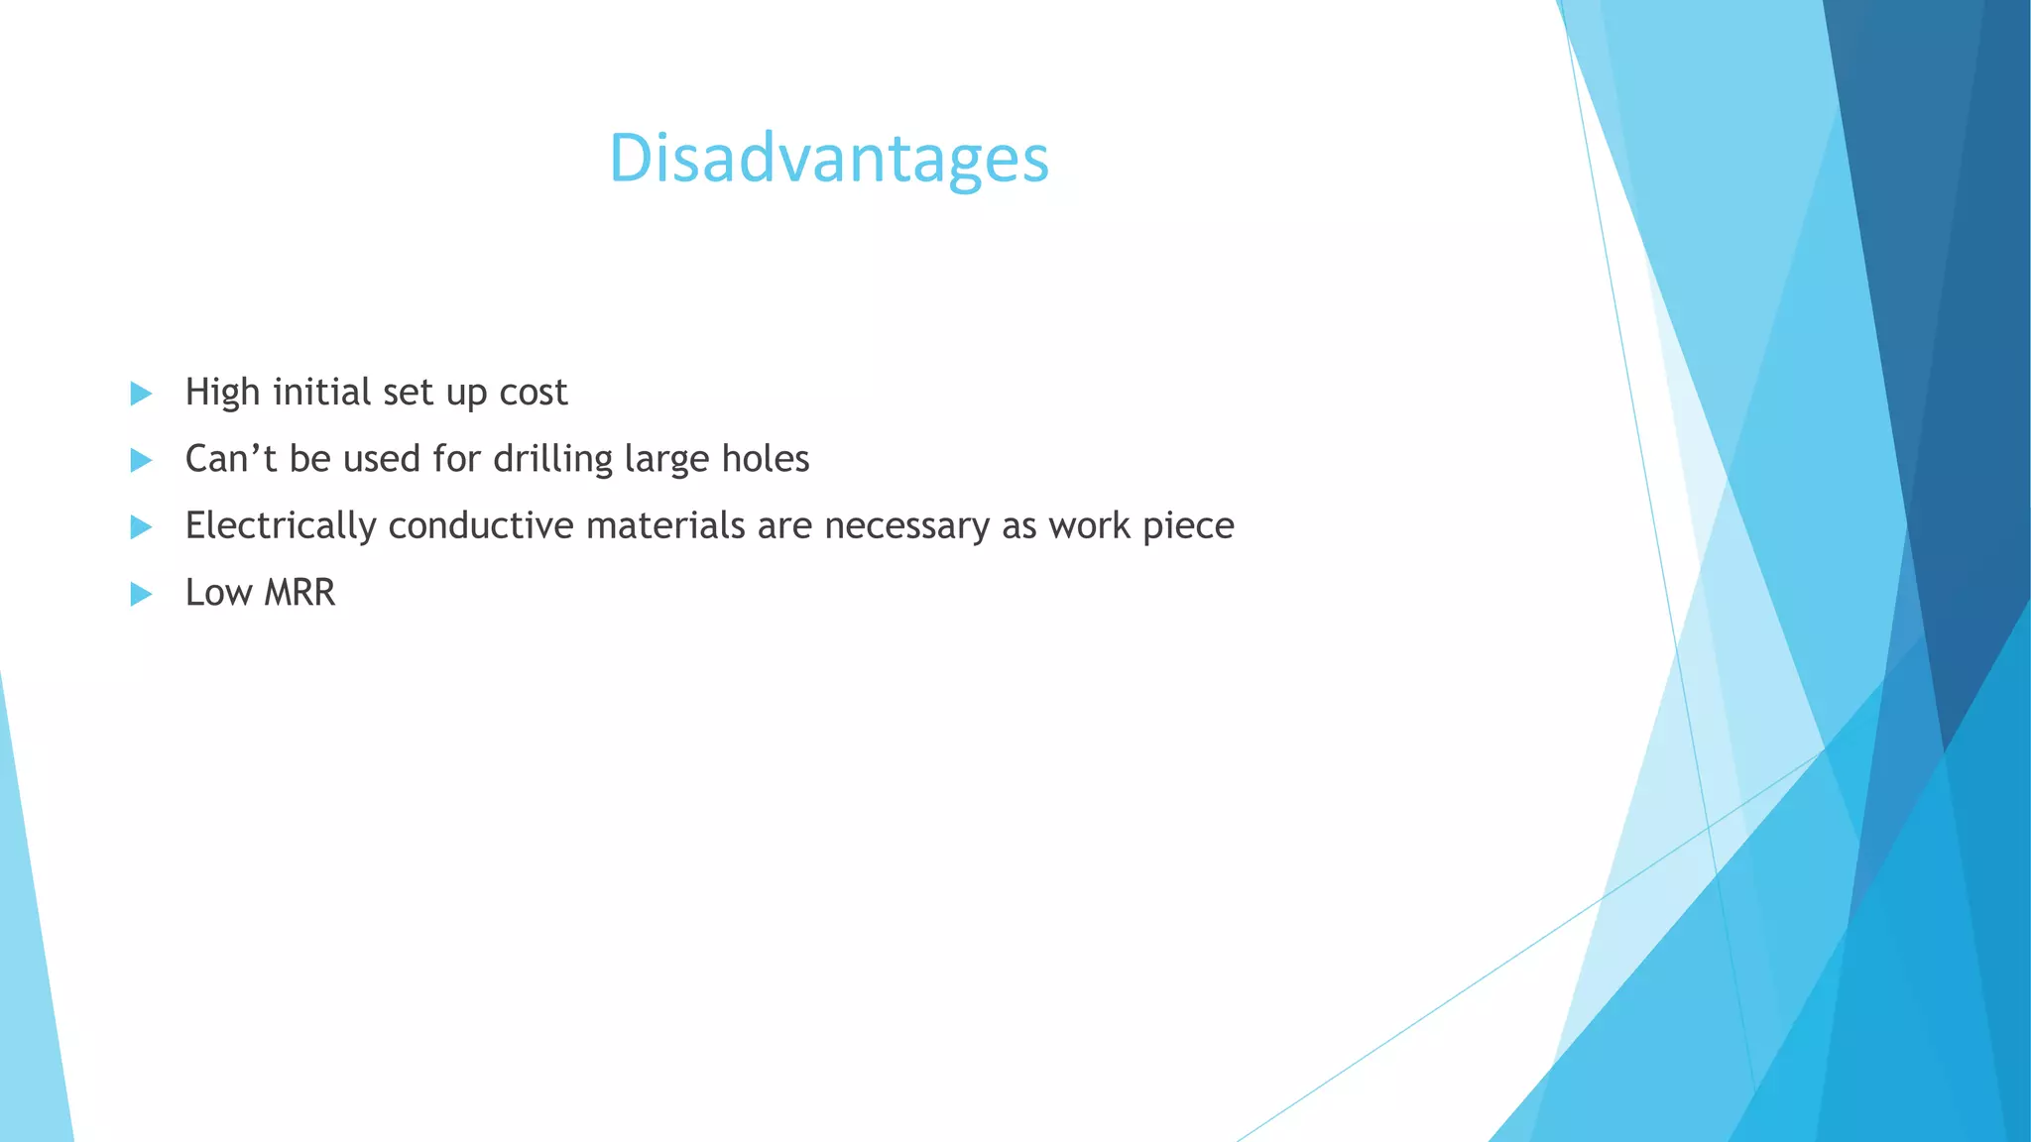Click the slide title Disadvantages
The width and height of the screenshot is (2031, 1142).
(828, 159)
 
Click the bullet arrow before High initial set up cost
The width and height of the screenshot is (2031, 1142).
(141, 394)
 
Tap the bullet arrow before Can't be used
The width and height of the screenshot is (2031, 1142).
(141, 460)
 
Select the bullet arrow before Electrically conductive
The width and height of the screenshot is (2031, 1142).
(141, 526)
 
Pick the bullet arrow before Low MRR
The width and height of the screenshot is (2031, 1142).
(141, 594)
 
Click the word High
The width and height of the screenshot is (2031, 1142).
(222, 393)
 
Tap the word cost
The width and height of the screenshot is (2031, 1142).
(533, 393)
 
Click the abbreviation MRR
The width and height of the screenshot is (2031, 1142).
(299, 593)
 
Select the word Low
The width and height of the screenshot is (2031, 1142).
(218, 593)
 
